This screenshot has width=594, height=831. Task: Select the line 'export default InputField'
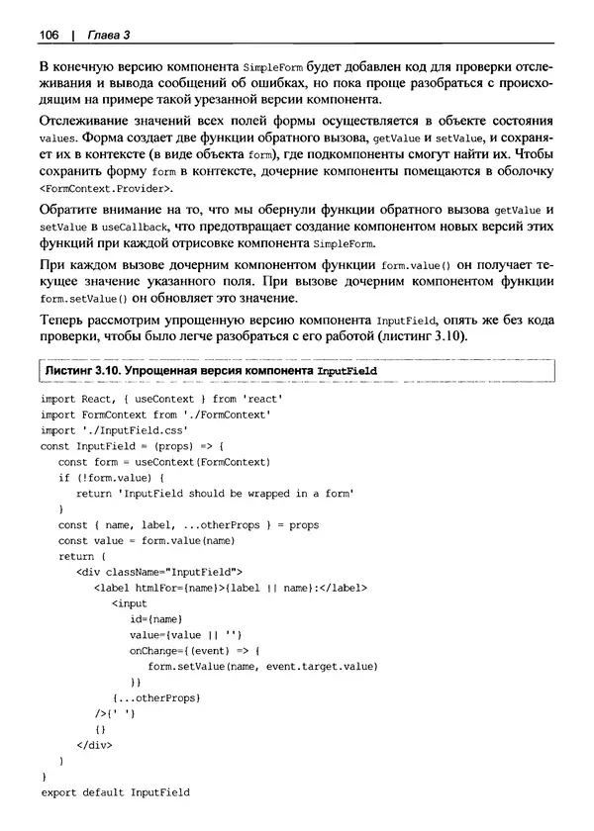[x=115, y=793]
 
